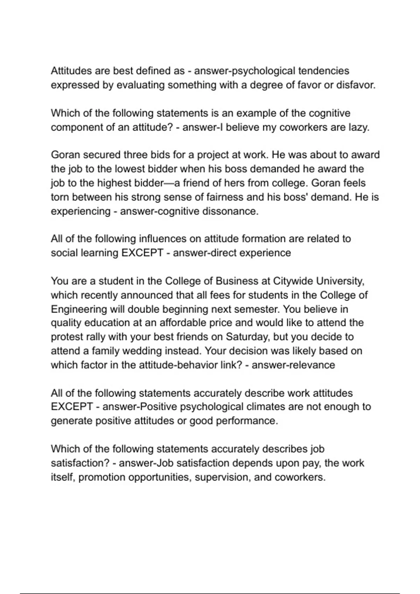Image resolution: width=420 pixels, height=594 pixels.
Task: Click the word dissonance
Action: coord(230,211)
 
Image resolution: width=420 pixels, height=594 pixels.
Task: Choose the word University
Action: coord(338,281)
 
